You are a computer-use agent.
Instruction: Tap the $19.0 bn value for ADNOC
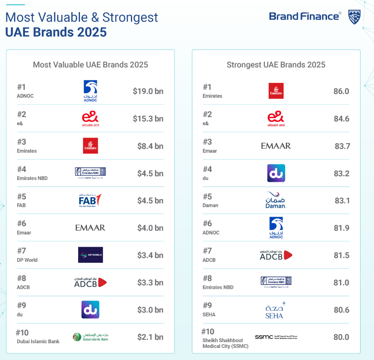point(148,91)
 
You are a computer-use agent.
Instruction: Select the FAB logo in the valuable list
point(90,200)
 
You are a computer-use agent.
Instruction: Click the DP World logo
point(90,255)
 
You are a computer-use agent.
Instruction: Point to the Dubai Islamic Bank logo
point(90,337)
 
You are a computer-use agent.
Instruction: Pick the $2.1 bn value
point(150,337)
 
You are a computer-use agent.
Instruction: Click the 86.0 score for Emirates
point(341,91)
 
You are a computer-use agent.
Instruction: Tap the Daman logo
point(276,200)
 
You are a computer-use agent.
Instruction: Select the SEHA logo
point(276,310)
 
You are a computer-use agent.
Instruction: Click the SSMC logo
point(276,337)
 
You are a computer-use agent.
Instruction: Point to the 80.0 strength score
point(341,337)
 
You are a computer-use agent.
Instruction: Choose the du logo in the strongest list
point(276,173)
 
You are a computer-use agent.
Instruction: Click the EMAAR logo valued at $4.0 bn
point(90,227)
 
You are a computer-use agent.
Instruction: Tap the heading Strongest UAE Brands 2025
point(276,65)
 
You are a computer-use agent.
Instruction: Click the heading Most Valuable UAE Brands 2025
point(90,65)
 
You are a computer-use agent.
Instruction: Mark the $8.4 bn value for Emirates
point(150,146)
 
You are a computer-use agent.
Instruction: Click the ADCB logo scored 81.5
point(276,255)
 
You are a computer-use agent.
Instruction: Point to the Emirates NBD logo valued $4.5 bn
point(90,173)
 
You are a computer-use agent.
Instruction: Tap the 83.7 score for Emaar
point(342,146)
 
